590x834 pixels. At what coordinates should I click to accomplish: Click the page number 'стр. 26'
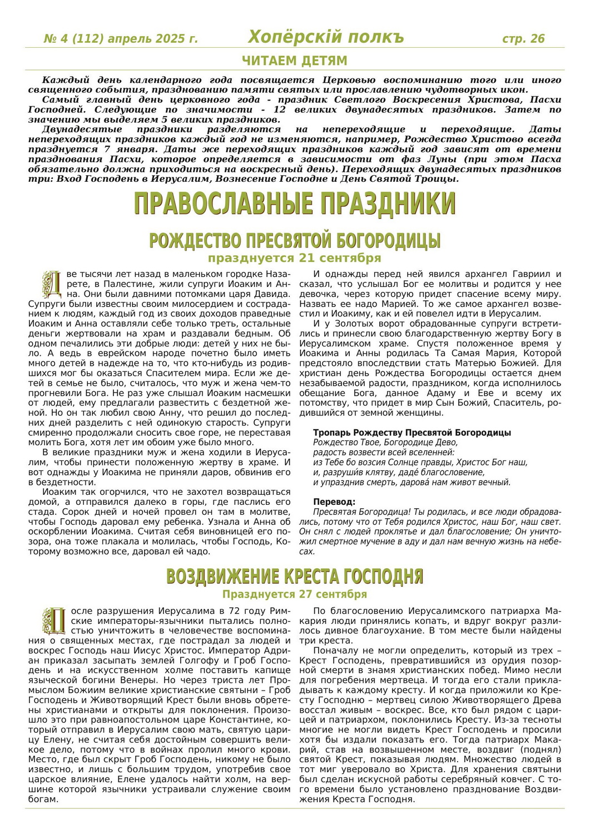point(523,39)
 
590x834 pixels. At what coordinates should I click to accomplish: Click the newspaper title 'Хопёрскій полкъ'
point(326,37)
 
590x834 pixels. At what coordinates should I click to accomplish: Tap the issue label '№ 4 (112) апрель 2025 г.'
point(121,39)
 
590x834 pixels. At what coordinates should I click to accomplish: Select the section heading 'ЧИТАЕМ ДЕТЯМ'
point(295,61)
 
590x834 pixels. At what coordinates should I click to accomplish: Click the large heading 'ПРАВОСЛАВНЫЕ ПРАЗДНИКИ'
point(295,203)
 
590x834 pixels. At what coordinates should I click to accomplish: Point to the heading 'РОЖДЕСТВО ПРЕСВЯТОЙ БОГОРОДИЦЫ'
point(295,241)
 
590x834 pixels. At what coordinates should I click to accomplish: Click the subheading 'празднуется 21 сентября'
point(295,258)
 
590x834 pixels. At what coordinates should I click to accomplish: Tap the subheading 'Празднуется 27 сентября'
point(295,594)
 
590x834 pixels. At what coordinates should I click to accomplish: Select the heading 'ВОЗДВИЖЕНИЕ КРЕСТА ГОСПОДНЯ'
point(295,576)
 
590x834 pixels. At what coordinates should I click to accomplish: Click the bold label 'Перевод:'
point(334,502)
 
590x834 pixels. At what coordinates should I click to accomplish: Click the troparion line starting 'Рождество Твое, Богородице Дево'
point(385,443)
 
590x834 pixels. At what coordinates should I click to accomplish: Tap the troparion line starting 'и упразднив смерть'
point(411,483)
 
